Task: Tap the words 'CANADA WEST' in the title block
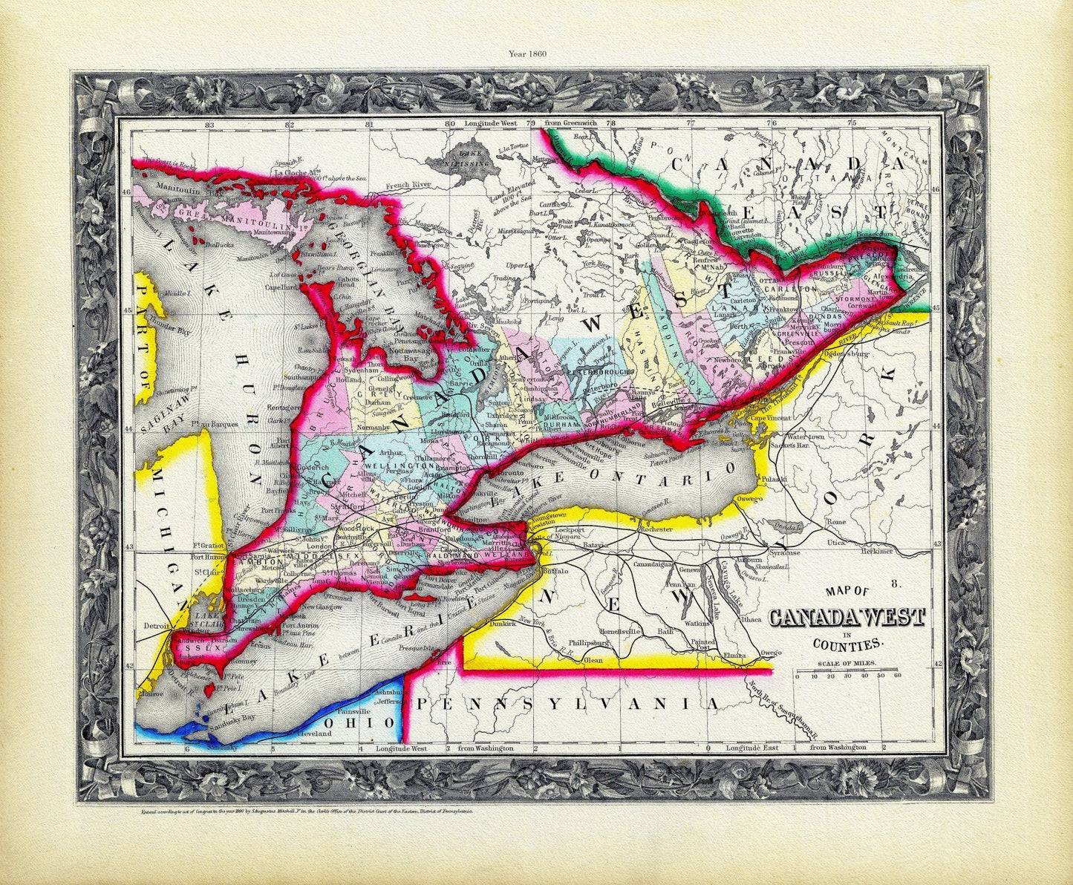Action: click(847, 618)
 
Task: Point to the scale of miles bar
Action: click(847, 672)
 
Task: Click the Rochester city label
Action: click(653, 529)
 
